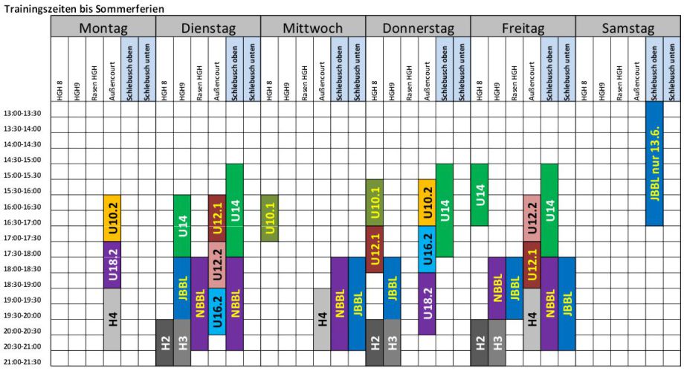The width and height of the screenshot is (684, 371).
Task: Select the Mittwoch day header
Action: [x=313, y=28]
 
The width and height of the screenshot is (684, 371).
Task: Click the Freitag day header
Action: [x=523, y=28]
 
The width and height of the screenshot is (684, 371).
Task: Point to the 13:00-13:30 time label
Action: [x=23, y=113]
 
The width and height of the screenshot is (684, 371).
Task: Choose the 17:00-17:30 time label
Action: [x=23, y=238]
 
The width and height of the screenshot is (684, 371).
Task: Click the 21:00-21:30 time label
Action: [x=23, y=362]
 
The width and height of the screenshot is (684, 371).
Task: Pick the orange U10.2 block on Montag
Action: [x=112, y=219]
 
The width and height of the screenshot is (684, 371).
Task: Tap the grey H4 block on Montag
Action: [x=112, y=320]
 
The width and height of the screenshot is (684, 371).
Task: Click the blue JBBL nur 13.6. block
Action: [x=655, y=164]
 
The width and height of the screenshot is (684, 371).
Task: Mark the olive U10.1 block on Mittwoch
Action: [x=269, y=218]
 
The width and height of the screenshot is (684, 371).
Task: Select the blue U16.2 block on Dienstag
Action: [x=216, y=312]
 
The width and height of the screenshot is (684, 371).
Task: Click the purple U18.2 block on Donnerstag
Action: [x=427, y=303]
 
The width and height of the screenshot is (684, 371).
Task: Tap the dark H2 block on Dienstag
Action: [x=164, y=343]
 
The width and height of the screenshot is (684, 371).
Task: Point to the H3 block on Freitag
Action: [x=497, y=343]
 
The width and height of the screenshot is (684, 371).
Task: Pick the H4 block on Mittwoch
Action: [x=321, y=320]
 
